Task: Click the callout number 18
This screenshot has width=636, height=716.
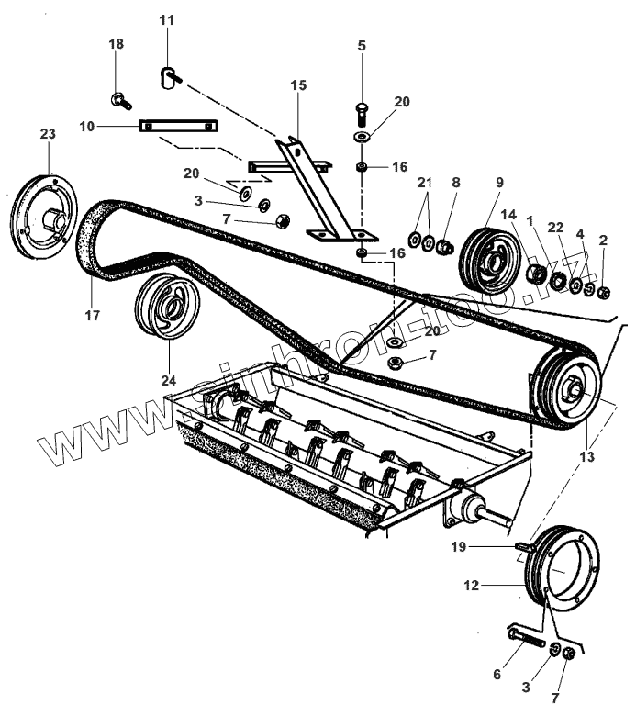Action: [115, 45]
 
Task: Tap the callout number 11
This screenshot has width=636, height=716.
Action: [165, 20]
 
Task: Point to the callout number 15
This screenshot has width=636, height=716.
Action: [298, 85]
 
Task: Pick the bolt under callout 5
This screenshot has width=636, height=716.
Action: [361, 115]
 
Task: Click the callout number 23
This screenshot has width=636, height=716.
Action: [48, 134]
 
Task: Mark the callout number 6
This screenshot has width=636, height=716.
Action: [497, 675]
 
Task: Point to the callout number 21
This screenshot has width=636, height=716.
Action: [423, 183]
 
